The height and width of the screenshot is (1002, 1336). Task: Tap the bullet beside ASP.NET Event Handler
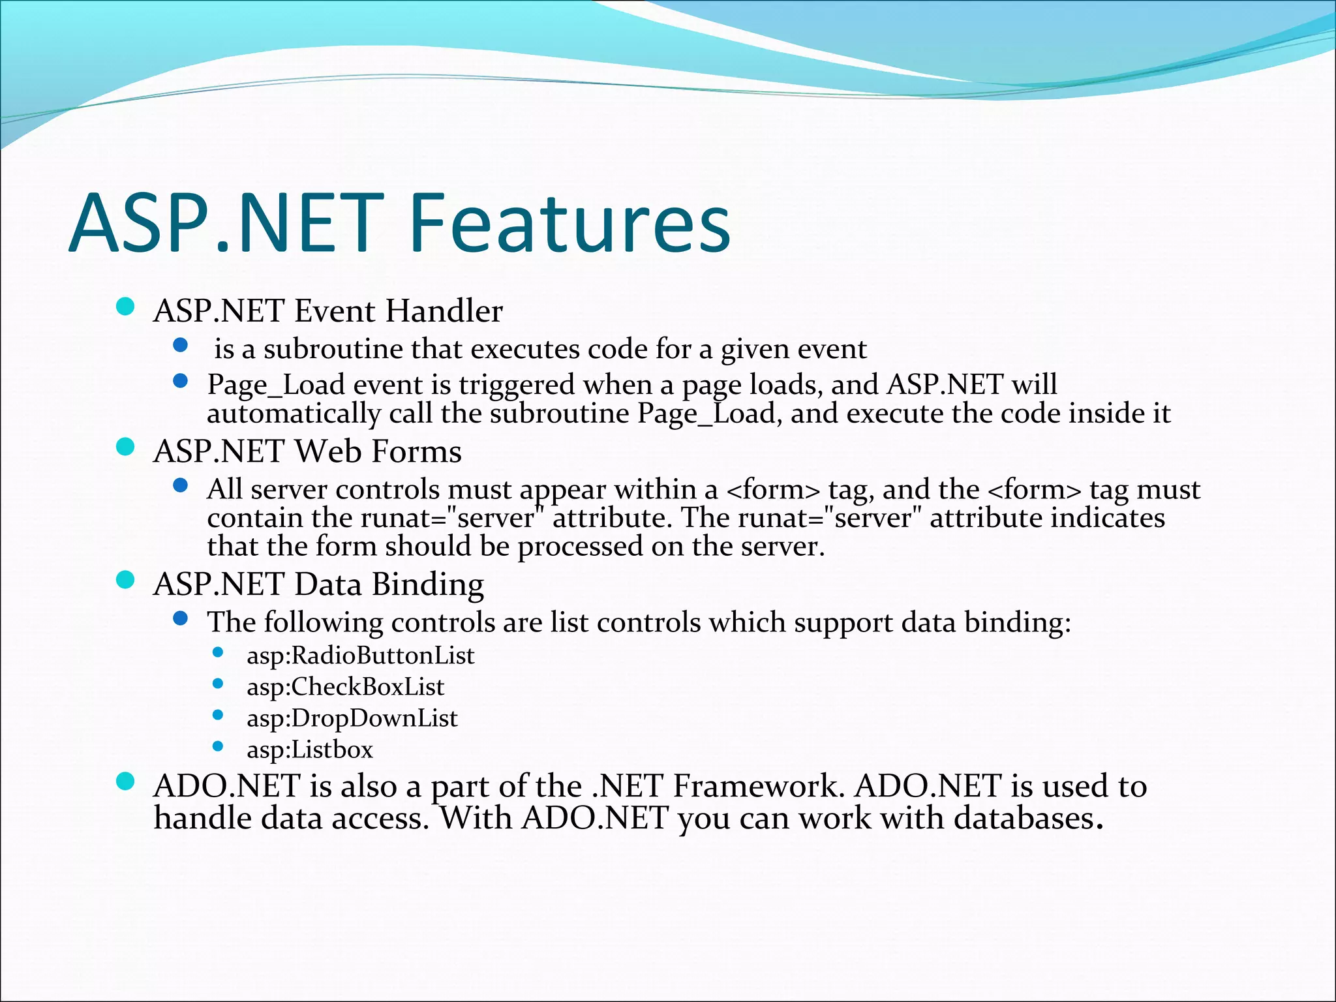[x=125, y=307]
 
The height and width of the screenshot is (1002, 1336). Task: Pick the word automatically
[x=294, y=414]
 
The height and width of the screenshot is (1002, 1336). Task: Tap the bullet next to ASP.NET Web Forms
[x=125, y=447]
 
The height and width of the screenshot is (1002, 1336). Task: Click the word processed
[x=579, y=547]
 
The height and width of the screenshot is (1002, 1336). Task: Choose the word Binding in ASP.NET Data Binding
[x=427, y=584]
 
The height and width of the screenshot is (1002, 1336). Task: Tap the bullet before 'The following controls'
[x=181, y=618]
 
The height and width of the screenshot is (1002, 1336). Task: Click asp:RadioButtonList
[x=360, y=656]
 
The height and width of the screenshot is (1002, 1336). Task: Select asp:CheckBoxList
[x=345, y=687]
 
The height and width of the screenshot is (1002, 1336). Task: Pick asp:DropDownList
[x=352, y=718]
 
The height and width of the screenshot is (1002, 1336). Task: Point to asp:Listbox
[x=309, y=750]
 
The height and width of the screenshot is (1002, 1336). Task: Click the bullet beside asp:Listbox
[x=218, y=746]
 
